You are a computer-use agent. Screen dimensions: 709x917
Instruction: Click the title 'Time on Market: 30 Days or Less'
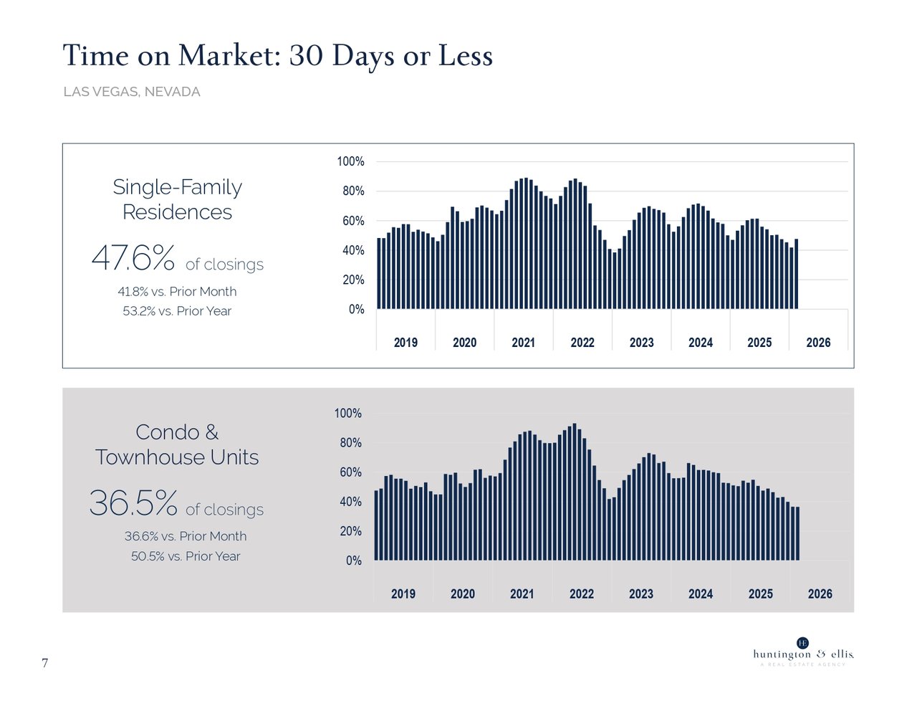(277, 56)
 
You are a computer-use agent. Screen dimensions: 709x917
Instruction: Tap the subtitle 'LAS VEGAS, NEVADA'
(132, 92)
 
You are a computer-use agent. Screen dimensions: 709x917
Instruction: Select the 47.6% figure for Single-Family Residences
(133, 258)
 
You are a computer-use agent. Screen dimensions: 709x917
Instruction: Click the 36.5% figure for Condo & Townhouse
(133, 503)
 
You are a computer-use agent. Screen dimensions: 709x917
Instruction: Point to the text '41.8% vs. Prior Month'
(177, 292)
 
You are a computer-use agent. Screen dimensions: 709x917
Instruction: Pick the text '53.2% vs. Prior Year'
(177, 311)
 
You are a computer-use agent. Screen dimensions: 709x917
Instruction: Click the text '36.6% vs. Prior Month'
(185, 536)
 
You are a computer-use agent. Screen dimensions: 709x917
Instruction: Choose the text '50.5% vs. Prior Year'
(186, 556)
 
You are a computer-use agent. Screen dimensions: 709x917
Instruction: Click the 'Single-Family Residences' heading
(177, 199)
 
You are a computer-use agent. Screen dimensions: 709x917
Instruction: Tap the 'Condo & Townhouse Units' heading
(177, 444)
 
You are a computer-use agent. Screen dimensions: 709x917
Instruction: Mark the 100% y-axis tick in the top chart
(350, 162)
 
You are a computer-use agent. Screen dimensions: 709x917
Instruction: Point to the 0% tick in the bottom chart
(354, 561)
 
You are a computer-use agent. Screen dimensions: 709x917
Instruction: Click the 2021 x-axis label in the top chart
(523, 343)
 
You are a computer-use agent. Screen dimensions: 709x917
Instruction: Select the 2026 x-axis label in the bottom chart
(820, 594)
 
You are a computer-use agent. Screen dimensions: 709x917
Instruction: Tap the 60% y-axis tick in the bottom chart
(350, 472)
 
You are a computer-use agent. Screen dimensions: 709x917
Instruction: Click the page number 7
(45, 663)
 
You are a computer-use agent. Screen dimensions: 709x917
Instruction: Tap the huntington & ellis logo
(803, 652)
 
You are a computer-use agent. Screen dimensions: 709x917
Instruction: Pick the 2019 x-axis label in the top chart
(405, 343)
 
